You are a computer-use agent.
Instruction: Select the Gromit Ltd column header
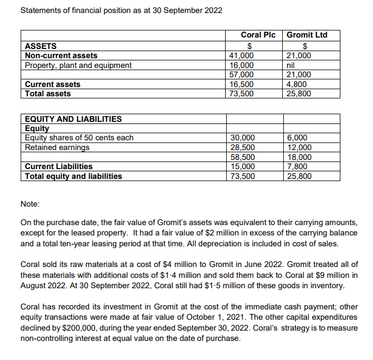click(307, 35)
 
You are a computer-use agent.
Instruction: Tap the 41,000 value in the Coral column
click(241, 55)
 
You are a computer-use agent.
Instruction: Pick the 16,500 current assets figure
click(241, 84)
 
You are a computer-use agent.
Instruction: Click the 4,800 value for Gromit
click(296, 84)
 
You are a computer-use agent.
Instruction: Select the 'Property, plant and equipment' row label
click(78, 65)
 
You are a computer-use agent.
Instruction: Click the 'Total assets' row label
click(48, 94)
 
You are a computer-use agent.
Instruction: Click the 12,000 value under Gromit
click(299, 147)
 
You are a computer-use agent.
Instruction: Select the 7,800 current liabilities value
click(296, 166)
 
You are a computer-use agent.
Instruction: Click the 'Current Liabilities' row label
click(59, 166)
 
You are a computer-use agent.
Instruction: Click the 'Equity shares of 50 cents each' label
click(79, 138)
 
